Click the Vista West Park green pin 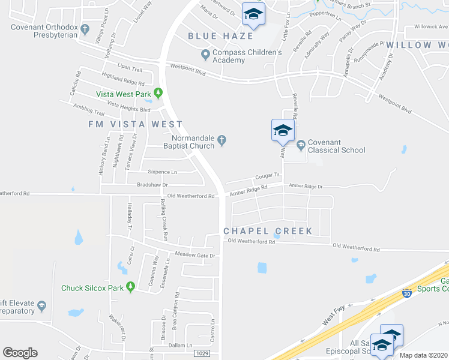(x=158, y=93)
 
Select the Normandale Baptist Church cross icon (x=221, y=140)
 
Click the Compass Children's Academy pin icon (x=206, y=56)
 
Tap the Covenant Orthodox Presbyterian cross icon (x=85, y=29)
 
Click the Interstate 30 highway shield (x=406, y=294)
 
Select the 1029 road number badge (x=202, y=353)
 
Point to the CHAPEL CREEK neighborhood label (x=268, y=231)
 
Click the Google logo (x=20, y=353)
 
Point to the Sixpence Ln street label (x=163, y=172)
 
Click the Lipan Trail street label (x=130, y=69)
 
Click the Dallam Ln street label (x=181, y=345)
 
